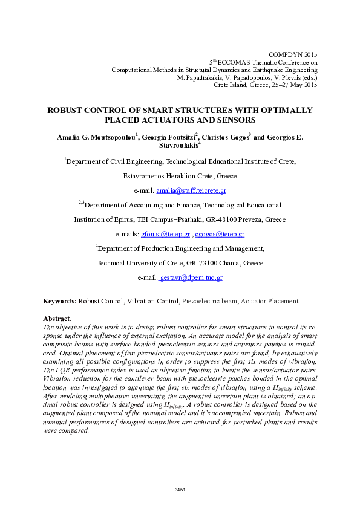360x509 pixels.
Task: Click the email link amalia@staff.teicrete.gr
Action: coord(191,190)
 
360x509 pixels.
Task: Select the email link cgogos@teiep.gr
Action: coord(220,234)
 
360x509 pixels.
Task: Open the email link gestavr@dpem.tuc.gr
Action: coord(191,277)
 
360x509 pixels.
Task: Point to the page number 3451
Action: coord(180,489)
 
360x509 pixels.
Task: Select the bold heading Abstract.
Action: coord(57,318)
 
